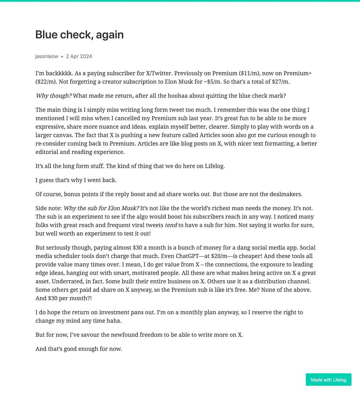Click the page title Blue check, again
click(79, 35)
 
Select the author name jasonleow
click(46, 56)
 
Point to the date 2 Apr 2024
click(79, 56)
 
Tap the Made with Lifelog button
click(328, 380)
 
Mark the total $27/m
click(281, 81)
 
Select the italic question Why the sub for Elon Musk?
click(101, 208)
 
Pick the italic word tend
click(171, 225)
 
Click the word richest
click(235, 208)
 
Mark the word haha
click(114, 321)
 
